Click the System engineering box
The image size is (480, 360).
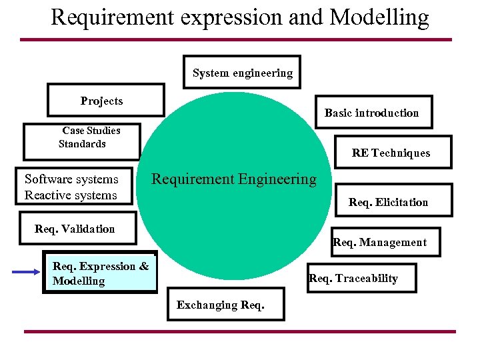(242, 73)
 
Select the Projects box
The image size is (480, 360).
(105, 101)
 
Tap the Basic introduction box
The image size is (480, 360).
(372, 113)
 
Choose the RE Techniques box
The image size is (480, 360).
(391, 153)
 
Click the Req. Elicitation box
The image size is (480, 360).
(388, 202)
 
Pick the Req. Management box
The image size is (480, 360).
(379, 242)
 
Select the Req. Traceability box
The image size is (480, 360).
(353, 278)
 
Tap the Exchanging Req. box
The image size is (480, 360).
(221, 305)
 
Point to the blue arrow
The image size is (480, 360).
(27, 272)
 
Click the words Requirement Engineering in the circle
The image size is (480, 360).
(234, 179)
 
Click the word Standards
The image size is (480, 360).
(82, 143)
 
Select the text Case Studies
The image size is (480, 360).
(91, 131)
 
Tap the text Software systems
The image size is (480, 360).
(71, 179)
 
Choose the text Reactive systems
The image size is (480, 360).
(71, 195)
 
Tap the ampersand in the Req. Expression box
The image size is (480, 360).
(143, 266)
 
